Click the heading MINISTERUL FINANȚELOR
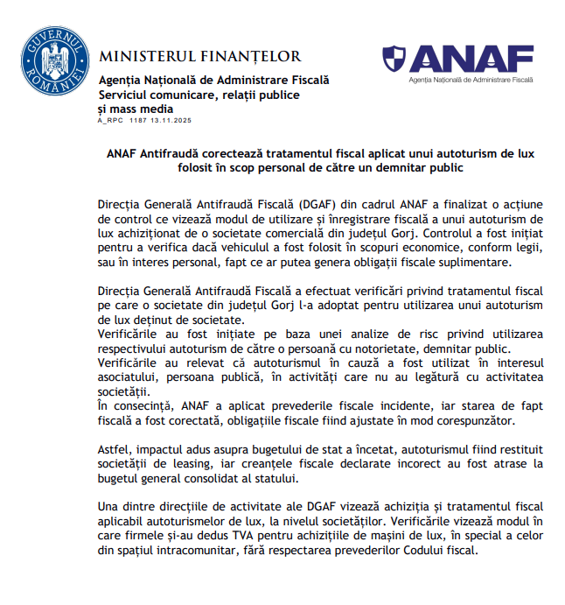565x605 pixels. click(200, 57)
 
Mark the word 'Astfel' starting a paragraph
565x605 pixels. click(116, 448)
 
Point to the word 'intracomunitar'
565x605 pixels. click(199, 550)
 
